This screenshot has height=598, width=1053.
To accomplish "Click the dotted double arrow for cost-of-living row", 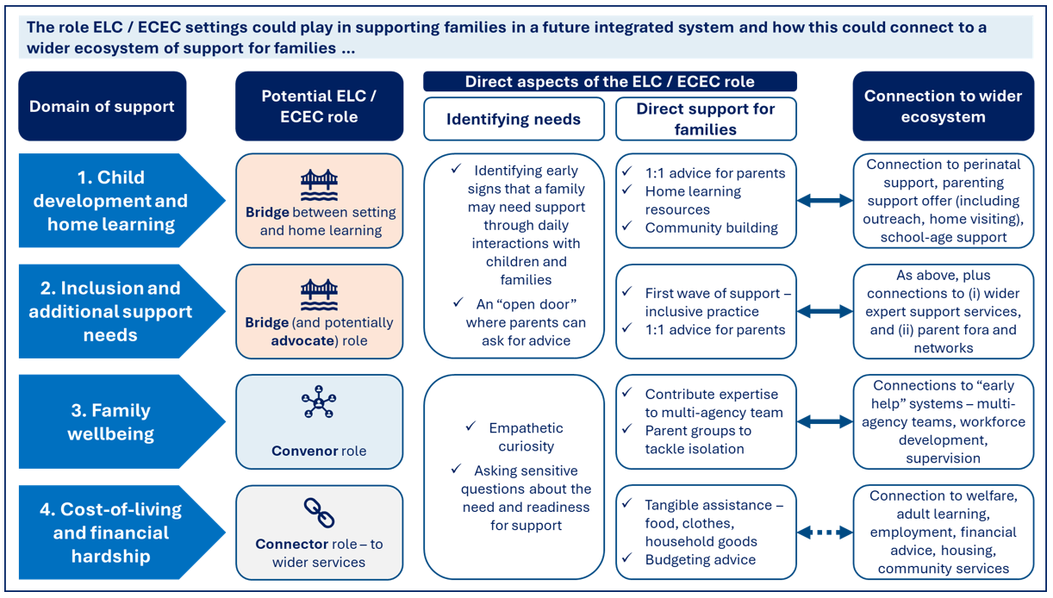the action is pyautogui.click(x=825, y=533).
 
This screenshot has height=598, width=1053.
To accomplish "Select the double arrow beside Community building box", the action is pyautogui.click(x=825, y=201).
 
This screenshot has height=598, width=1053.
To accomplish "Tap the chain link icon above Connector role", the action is pyautogui.click(x=319, y=513).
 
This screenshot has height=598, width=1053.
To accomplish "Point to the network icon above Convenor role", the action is pyautogui.click(x=319, y=402).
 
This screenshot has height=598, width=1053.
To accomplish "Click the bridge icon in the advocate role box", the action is pyautogui.click(x=319, y=295).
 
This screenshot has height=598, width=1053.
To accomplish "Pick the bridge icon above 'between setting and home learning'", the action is pyautogui.click(x=319, y=184).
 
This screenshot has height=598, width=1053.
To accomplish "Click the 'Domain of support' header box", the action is pyautogui.click(x=103, y=106).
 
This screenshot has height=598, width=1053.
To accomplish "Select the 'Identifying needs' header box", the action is pyautogui.click(x=514, y=119).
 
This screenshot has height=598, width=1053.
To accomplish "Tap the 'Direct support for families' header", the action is pyautogui.click(x=706, y=119).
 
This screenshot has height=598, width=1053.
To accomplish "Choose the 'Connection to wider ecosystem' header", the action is pyautogui.click(x=944, y=106).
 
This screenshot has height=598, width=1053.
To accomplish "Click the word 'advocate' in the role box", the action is pyautogui.click(x=302, y=340).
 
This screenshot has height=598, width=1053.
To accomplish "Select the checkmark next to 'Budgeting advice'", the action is pyautogui.click(x=626, y=558).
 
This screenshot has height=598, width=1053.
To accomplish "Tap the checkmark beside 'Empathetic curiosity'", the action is pyautogui.click(x=470, y=426).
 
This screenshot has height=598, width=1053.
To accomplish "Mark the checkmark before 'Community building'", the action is pyautogui.click(x=626, y=226).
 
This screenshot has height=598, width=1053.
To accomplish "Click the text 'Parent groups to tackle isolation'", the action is pyautogui.click(x=698, y=439).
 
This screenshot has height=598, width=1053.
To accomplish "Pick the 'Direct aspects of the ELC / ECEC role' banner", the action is pyautogui.click(x=610, y=81).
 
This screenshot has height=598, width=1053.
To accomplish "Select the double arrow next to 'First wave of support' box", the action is pyautogui.click(x=825, y=311).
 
